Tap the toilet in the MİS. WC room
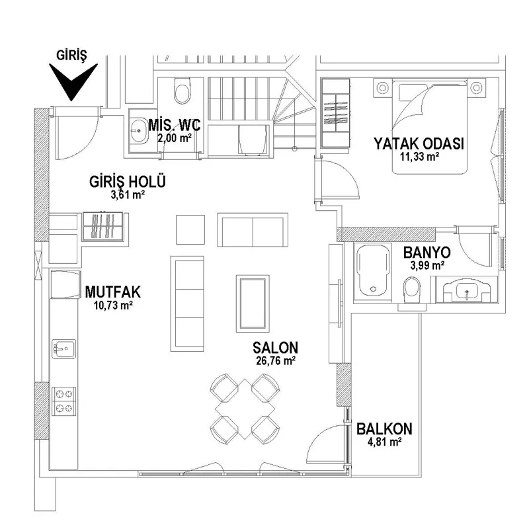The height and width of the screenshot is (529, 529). (182, 91)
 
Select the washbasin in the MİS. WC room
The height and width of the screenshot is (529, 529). (138, 130)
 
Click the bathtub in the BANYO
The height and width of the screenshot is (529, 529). (373, 270)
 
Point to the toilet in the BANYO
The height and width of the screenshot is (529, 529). (412, 290)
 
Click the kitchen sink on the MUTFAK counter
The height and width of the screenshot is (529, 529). (63, 349)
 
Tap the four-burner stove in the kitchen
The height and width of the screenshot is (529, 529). (63, 401)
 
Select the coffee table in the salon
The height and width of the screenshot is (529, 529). (253, 304)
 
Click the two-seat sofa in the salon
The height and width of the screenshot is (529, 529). (253, 229)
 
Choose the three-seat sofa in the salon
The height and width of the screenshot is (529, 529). (187, 304)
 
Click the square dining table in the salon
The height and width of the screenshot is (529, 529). (245, 409)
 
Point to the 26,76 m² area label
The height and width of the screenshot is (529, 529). (276, 360)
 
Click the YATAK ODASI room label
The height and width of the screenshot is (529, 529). (419, 143)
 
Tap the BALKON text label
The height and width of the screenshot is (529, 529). (384, 429)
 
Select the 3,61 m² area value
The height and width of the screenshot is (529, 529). (128, 194)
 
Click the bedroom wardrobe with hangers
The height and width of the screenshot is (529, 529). (335, 113)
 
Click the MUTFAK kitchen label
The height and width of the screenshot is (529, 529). (112, 292)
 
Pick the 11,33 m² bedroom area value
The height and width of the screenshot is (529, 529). (419, 157)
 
